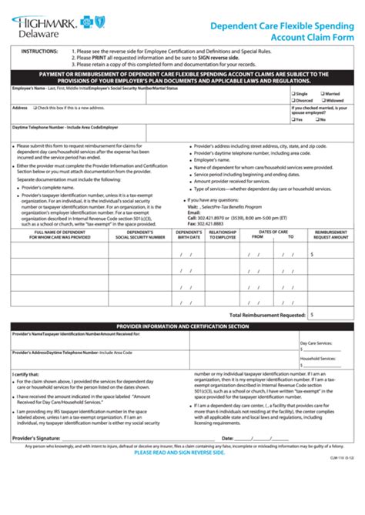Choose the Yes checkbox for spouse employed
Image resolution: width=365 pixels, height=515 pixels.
tap(293, 120)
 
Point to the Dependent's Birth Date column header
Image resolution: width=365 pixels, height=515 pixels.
tap(189, 235)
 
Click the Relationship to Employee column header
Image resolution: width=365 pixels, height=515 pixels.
tap(223, 235)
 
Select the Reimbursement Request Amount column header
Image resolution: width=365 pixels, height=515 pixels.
tap(332, 235)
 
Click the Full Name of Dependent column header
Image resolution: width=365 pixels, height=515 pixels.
tap(59, 235)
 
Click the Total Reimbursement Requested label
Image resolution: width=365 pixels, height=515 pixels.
tap(263, 315)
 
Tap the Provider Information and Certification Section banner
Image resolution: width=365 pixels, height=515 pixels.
tap(182, 326)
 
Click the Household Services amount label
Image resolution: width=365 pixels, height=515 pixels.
tap(318, 358)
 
